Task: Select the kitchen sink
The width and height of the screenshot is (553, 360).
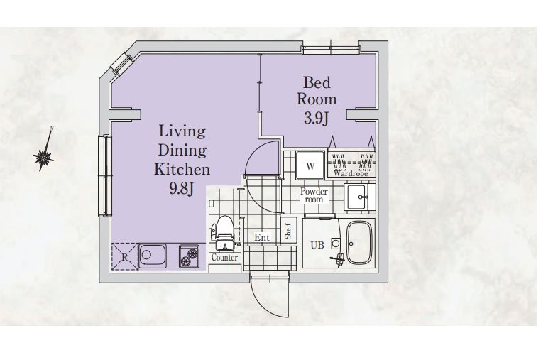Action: pos(153,256)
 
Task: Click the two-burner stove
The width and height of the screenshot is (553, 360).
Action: pos(189,256)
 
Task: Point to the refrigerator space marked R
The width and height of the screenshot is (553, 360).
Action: pos(124,256)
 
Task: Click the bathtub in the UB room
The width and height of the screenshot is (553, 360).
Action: pos(358,243)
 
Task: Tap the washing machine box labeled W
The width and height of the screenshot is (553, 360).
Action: pos(310,165)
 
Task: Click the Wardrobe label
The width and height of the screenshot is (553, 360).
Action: pos(351,173)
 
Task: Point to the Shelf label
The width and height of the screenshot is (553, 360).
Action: pos(288,231)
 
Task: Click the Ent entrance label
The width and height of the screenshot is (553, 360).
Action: pos(262,238)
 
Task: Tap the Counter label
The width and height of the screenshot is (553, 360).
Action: pos(224,258)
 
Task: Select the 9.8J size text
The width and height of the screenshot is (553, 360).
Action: pos(181,189)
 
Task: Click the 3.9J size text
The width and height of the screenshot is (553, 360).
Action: pos(317,119)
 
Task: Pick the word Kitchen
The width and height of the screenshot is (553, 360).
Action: pos(182,169)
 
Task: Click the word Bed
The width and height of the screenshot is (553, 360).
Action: pos(317,83)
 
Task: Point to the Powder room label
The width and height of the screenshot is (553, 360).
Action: pos(314,195)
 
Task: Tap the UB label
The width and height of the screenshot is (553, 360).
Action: pos(317,245)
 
